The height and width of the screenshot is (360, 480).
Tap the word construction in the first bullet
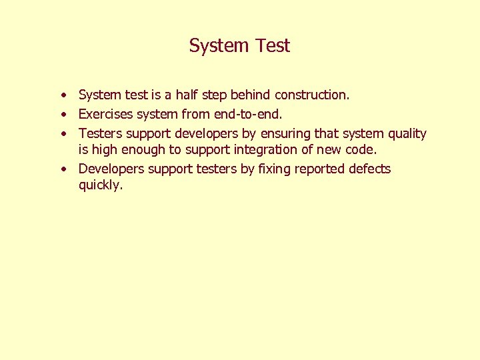(311, 95)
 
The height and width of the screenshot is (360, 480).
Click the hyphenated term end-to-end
(254, 114)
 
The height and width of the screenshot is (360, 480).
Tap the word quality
(404, 133)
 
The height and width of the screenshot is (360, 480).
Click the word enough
(143, 149)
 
